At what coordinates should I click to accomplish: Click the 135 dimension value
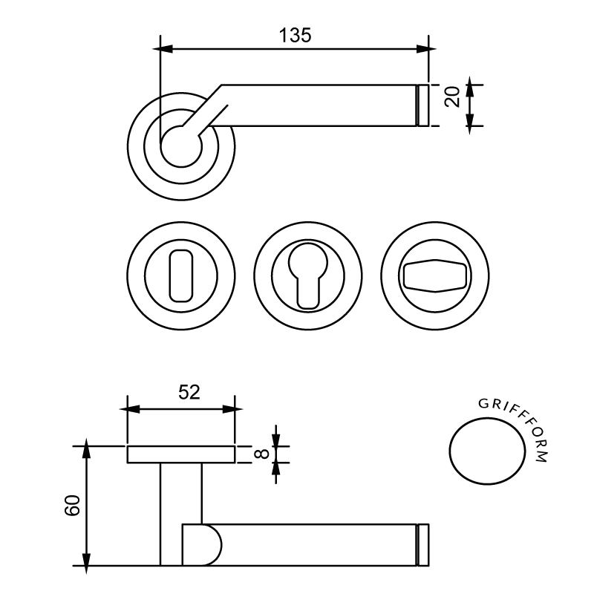295,35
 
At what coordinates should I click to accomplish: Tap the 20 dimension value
452,97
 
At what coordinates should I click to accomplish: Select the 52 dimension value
189,392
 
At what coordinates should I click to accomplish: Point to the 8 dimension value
261,454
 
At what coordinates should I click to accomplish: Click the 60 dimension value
72,505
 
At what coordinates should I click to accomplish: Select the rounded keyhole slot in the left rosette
181,275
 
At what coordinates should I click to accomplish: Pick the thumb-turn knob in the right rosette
435,275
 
